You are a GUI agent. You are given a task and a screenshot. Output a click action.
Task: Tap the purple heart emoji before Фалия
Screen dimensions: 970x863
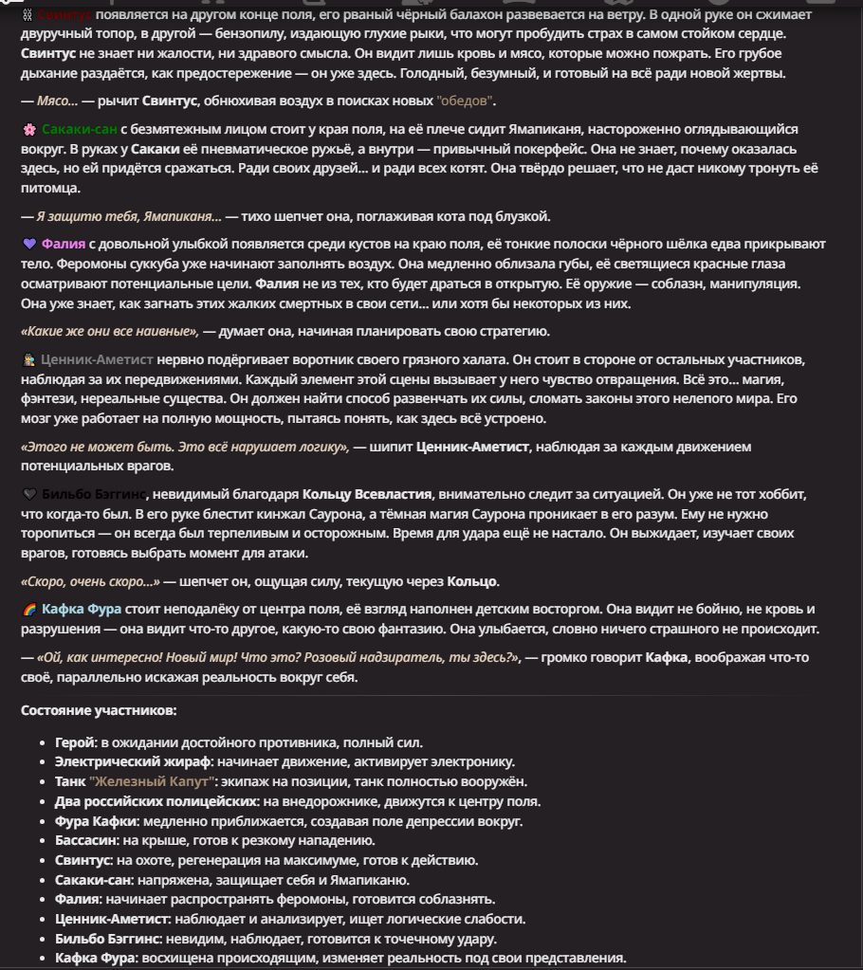28,245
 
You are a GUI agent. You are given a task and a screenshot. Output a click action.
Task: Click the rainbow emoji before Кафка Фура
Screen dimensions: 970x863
28,609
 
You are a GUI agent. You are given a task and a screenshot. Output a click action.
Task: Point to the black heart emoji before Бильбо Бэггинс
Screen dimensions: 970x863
28,494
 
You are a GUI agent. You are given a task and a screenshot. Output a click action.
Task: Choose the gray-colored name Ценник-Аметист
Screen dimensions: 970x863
98,360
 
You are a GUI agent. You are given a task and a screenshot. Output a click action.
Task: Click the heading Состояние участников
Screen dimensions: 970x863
99,710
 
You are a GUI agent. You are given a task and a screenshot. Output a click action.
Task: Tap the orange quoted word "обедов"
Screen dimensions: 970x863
465,101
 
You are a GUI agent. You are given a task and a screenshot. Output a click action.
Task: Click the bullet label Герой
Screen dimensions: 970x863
75,742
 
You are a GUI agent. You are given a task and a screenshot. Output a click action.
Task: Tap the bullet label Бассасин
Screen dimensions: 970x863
86,841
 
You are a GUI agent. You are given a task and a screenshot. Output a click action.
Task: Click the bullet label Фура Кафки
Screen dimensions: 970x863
97,821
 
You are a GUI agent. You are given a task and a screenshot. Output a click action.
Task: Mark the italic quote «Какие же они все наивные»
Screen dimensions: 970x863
109,331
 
